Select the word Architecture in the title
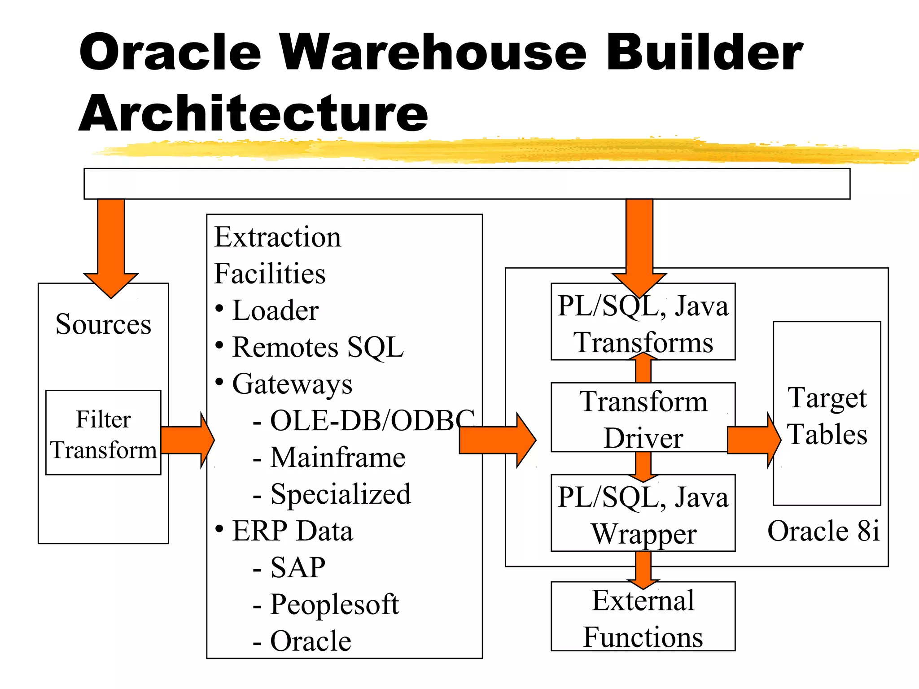(254, 113)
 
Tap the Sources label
(103, 324)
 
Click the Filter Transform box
(103, 433)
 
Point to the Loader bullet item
(275, 310)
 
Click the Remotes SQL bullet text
(317, 347)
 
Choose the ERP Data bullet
(292, 531)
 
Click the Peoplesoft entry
(334, 604)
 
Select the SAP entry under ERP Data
(298, 567)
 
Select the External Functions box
(643, 619)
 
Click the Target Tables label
(827, 416)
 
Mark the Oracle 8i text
(823, 531)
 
